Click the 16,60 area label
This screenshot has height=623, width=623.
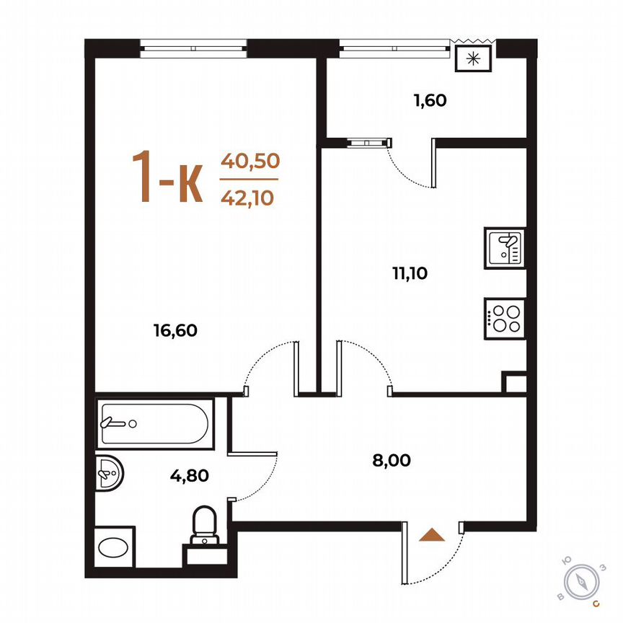click(175, 331)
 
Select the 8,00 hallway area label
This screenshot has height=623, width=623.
click(392, 460)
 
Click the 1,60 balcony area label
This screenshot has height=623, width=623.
click(430, 100)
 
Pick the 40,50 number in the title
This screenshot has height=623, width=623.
click(249, 161)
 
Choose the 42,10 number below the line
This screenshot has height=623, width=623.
click(249, 196)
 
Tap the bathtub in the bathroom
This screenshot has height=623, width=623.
click(154, 423)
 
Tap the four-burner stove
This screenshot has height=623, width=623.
click(505, 318)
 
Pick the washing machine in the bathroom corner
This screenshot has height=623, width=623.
click(115, 547)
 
